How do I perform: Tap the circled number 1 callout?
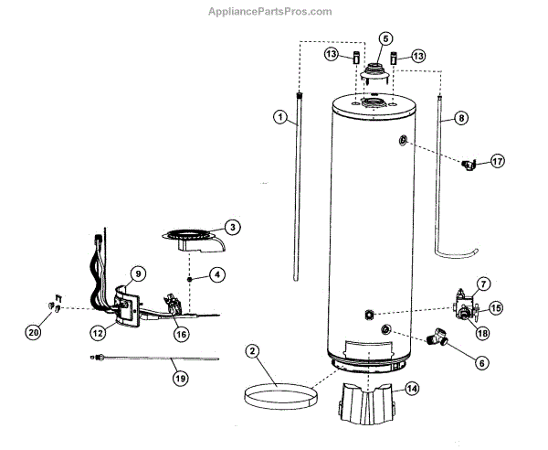280,117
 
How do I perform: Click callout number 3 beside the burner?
233,227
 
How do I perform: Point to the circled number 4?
217,273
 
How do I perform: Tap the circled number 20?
34,333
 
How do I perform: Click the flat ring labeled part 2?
277,396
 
